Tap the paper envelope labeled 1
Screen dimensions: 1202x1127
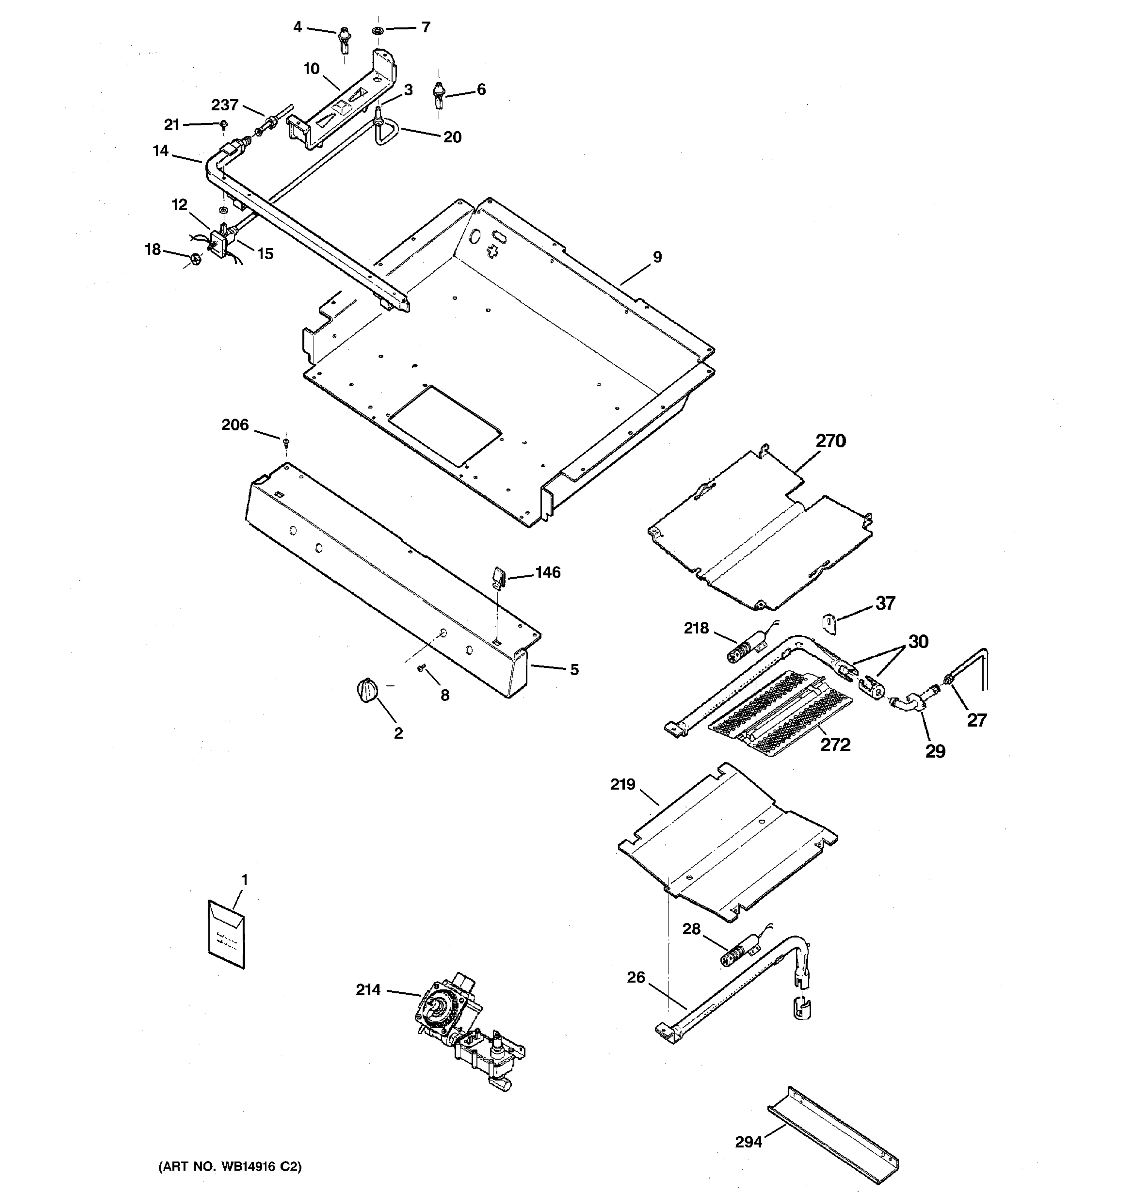227,935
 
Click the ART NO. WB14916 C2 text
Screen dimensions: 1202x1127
230,1167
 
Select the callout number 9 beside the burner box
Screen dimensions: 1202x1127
657,257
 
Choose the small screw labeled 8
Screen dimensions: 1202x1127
421,668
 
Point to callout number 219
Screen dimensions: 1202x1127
623,785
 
